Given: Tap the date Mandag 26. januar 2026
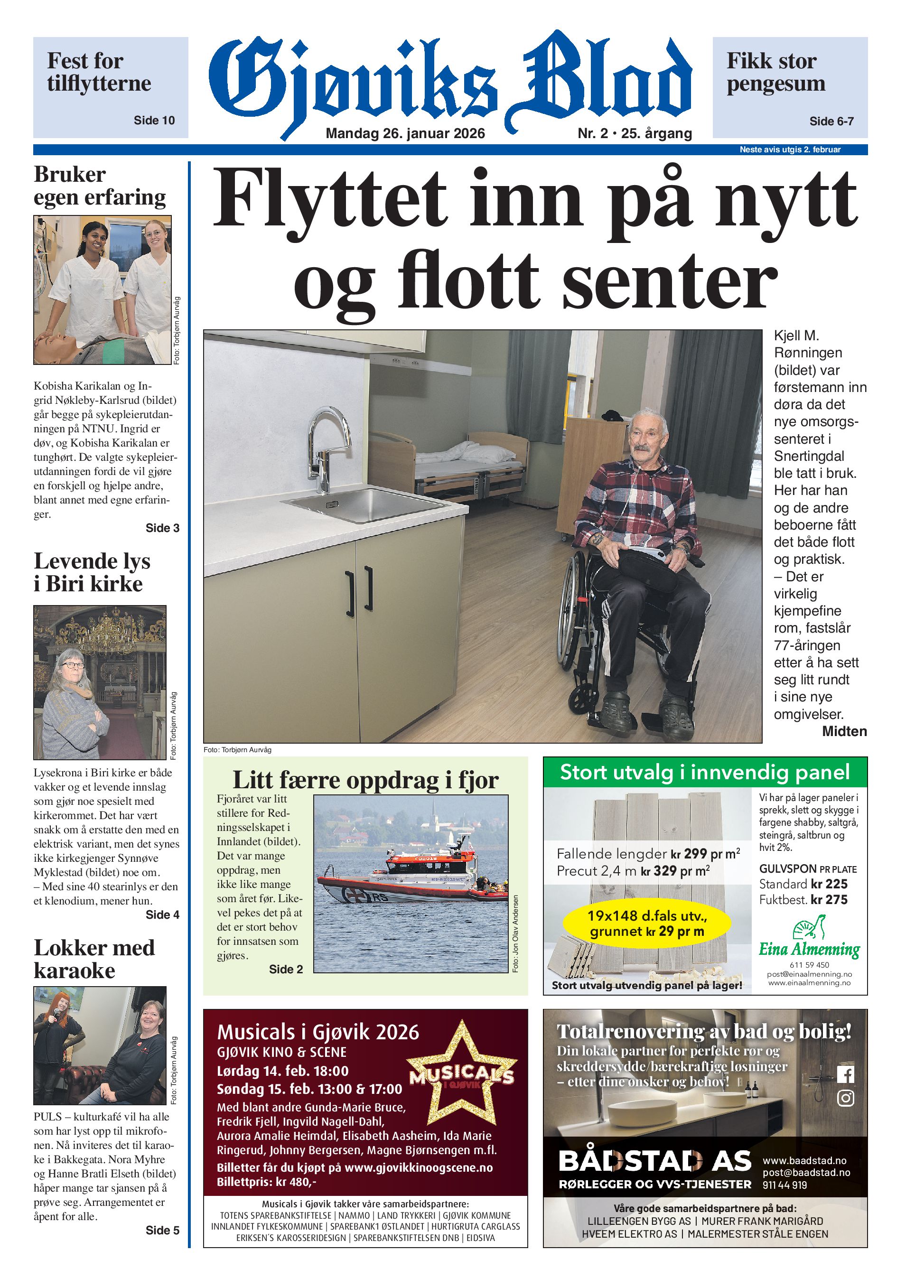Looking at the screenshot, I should (405, 133).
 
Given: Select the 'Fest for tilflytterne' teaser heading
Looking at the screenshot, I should (99, 72).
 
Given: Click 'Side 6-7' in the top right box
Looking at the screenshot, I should (831, 121).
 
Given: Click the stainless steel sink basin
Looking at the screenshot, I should (369, 503).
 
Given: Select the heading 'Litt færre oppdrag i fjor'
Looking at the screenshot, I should (365, 780).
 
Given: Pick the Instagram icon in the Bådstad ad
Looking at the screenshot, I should (845, 1098).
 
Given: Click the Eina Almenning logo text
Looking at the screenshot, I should (809, 950).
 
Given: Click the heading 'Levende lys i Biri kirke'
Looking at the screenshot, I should (92, 572).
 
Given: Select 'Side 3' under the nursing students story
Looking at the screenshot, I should (162, 528).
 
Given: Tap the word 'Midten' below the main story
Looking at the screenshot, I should (844, 732).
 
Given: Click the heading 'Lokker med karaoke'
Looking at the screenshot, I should (94, 959).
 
